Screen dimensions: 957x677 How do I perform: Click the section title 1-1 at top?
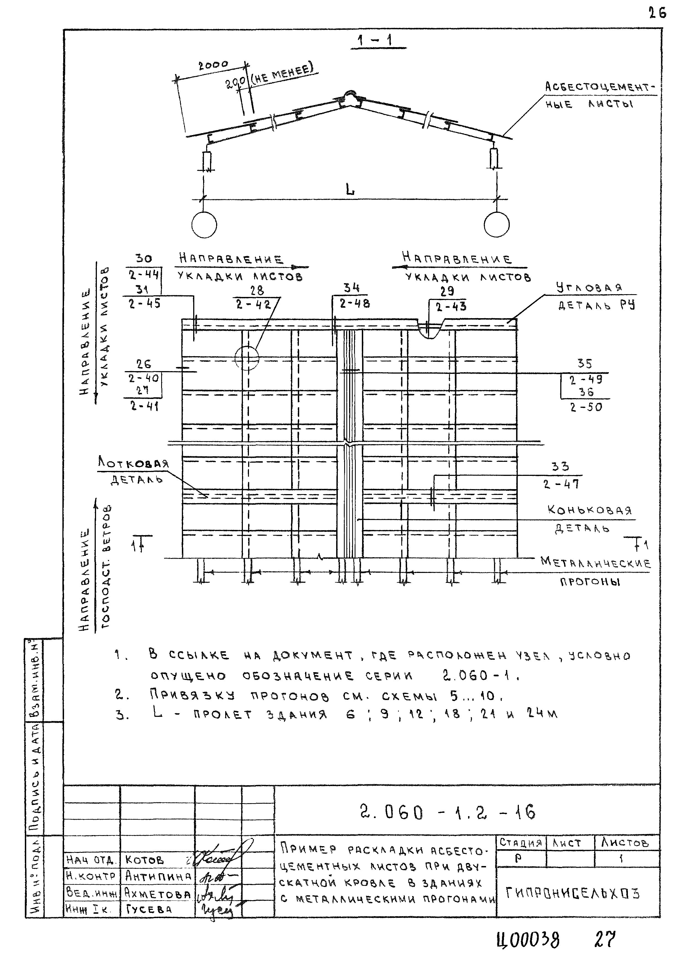(378, 41)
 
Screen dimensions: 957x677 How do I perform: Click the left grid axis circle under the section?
(204, 225)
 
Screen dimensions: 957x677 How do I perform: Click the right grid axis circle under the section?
(497, 225)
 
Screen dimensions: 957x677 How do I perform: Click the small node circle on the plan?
(247, 358)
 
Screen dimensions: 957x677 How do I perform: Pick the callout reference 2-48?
(355, 304)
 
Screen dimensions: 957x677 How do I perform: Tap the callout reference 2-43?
(451, 307)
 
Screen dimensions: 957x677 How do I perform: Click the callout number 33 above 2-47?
(560, 467)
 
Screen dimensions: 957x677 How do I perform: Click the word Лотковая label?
(134, 463)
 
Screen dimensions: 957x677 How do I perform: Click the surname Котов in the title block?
(144, 860)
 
